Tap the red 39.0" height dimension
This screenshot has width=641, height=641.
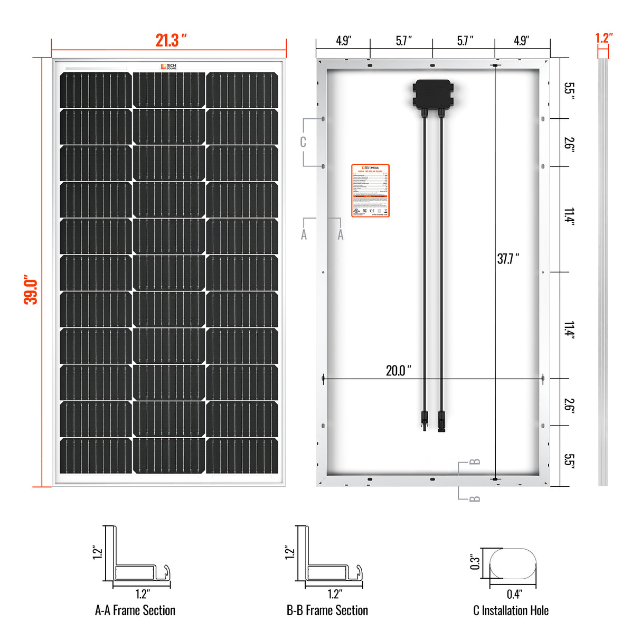(x=31, y=289)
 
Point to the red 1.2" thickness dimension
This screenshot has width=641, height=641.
(x=604, y=38)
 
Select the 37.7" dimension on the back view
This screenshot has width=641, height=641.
(x=508, y=259)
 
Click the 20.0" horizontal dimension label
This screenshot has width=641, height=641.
(x=398, y=370)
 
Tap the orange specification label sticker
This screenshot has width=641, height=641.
(x=370, y=191)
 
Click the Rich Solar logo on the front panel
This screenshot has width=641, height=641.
(x=169, y=67)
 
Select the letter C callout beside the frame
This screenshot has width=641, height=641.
(x=303, y=142)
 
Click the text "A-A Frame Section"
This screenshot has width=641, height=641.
(x=135, y=610)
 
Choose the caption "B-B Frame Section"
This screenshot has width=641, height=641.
(x=327, y=610)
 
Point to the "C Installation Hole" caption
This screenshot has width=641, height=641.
(x=511, y=610)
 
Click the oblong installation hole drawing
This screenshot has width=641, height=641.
(x=513, y=563)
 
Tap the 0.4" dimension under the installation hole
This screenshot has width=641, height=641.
(x=514, y=595)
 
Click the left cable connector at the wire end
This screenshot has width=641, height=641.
(x=424, y=421)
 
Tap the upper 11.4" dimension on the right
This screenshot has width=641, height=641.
(x=569, y=216)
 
